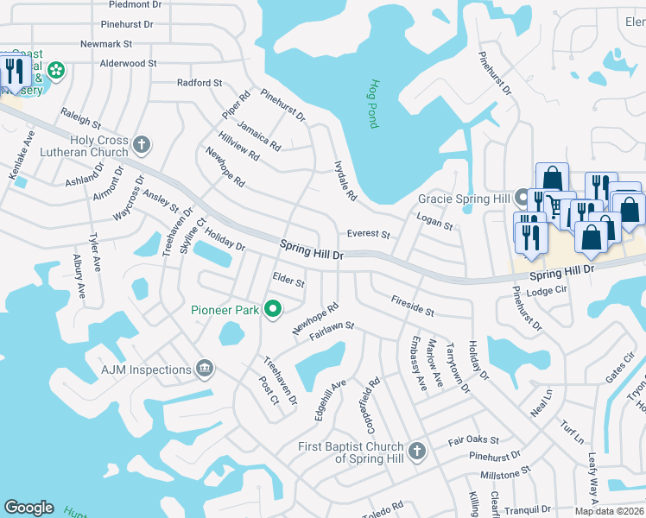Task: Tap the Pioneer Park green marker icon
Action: click(x=273, y=308)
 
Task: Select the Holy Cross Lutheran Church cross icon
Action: click(x=142, y=144)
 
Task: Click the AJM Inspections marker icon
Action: click(x=205, y=370)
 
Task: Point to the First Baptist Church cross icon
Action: click(x=417, y=451)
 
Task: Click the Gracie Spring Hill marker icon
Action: click(x=522, y=197)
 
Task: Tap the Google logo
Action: click(x=28, y=508)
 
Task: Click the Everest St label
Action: click(x=369, y=234)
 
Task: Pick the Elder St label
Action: click(x=288, y=281)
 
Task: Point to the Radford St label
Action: click(x=199, y=83)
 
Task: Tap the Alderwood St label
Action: click(x=128, y=63)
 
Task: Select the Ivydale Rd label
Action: click(x=345, y=180)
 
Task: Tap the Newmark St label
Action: click(x=105, y=43)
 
